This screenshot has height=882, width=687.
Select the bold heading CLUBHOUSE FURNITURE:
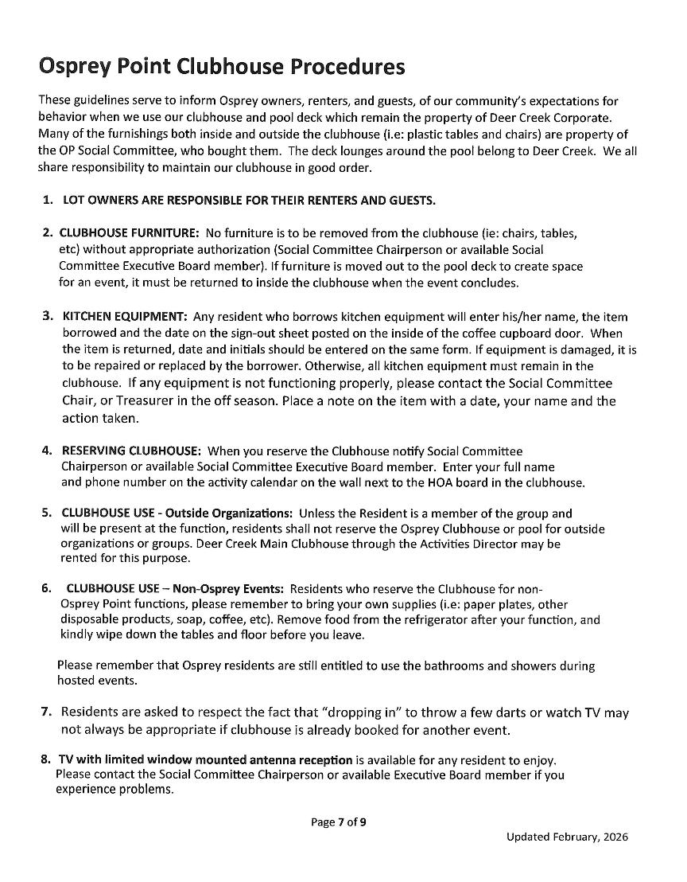[130, 233]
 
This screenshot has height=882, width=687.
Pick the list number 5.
[47, 513]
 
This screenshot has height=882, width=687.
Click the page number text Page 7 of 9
[339, 822]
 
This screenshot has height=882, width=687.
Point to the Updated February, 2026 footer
[566, 837]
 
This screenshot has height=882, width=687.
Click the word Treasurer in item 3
[139, 400]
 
